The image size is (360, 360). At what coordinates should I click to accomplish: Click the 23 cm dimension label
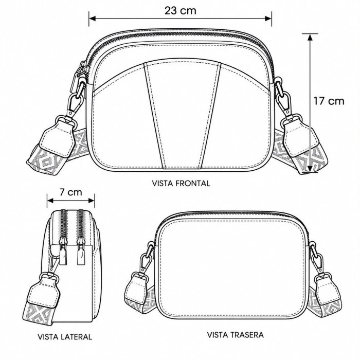(181, 11)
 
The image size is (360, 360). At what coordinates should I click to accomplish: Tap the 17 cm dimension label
(329, 101)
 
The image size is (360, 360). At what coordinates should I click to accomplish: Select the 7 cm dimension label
(71, 192)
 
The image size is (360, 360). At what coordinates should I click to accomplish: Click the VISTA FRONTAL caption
(181, 183)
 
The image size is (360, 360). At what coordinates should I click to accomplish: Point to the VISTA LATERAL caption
(65, 337)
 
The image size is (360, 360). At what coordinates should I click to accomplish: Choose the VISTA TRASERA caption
(236, 335)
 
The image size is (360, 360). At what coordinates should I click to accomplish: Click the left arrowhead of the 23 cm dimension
(92, 19)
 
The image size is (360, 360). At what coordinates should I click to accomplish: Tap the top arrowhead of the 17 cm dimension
(310, 38)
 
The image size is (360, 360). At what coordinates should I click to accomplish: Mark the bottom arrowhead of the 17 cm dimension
(310, 168)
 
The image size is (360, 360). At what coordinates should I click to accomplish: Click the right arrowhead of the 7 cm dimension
(92, 201)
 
